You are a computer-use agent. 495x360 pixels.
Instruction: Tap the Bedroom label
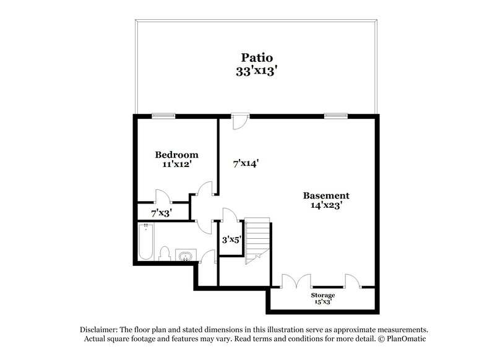point(176,155)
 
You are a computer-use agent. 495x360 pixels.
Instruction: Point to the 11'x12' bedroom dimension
point(176,165)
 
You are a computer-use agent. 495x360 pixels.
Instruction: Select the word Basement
point(325,195)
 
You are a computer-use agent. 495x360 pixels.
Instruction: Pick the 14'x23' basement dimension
point(325,206)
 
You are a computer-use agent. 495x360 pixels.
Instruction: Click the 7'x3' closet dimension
point(161,212)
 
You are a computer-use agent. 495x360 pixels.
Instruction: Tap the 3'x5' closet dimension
point(231,239)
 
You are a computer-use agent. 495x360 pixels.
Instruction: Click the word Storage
point(323,295)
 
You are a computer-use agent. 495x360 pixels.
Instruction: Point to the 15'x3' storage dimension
point(323,302)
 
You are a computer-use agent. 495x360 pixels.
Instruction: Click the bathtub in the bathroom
point(145,242)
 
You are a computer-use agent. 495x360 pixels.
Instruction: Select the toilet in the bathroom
point(165,254)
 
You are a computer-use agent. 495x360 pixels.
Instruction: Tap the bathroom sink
point(184,255)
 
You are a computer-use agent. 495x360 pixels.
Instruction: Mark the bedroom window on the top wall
point(163,114)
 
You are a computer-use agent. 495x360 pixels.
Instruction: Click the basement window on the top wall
point(336,114)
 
